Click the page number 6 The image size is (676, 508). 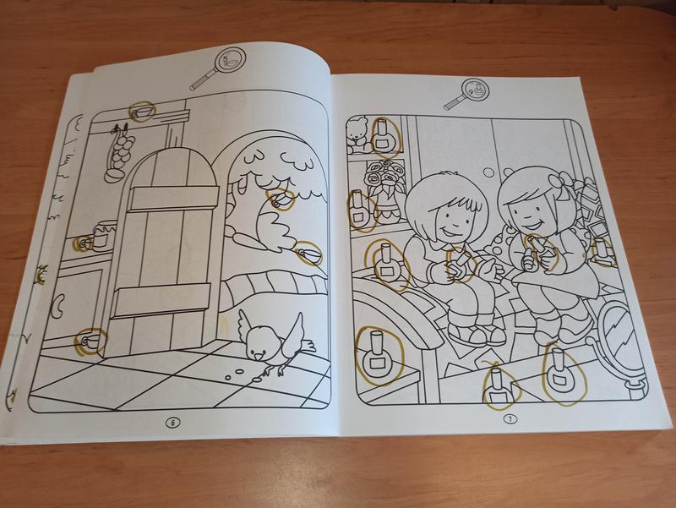click(x=173, y=423)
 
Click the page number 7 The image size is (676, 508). click(x=510, y=419)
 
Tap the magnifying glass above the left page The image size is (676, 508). click(x=219, y=68)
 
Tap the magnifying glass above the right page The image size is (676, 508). click(x=466, y=94)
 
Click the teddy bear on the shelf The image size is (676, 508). click(x=357, y=135)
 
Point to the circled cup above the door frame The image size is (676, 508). click(x=141, y=112)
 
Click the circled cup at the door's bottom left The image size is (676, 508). click(x=89, y=341)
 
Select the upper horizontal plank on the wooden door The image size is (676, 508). click(x=173, y=199)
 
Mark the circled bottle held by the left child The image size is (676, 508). click(x=458, y=264)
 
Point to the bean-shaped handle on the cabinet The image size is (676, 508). click(x=58, y=304)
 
